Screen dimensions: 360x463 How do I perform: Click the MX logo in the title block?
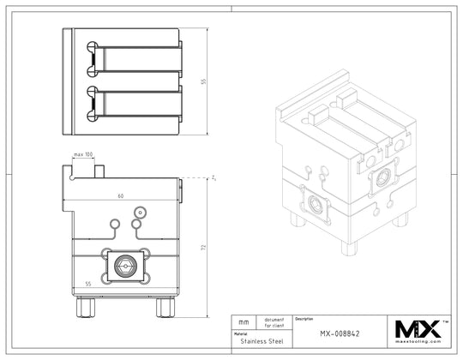coord(416,327)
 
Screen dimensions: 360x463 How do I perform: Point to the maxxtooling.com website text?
coord(417,343)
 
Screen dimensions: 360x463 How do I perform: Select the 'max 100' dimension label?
coord(83,154)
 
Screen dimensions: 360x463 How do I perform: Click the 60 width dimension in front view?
coord(120,196)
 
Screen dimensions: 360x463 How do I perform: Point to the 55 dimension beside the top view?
coord(204,81)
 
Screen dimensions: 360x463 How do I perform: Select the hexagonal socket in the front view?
coord(125,267)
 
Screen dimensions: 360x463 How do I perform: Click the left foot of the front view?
coord(85,304)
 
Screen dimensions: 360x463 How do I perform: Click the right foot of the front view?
coord(164,304)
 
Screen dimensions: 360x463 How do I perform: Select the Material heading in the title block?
coord(241,333)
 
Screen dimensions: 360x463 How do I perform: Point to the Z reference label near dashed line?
coord(211,177)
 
